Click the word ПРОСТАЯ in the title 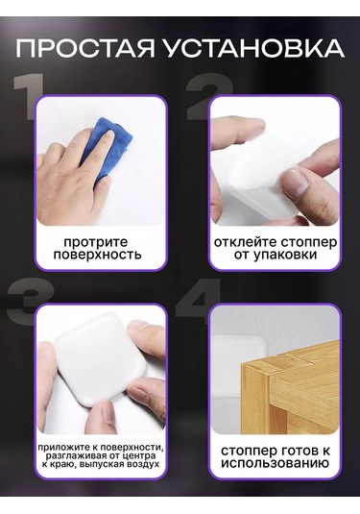[x=85, y=48]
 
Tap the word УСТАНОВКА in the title [x=253, y=48]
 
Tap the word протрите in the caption [x=96, y=242]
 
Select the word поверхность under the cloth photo [x=98, y=255]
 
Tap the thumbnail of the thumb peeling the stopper [x=297, y=183]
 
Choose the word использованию [x=275, y=463]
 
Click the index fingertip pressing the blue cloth [x=108, y=135]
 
